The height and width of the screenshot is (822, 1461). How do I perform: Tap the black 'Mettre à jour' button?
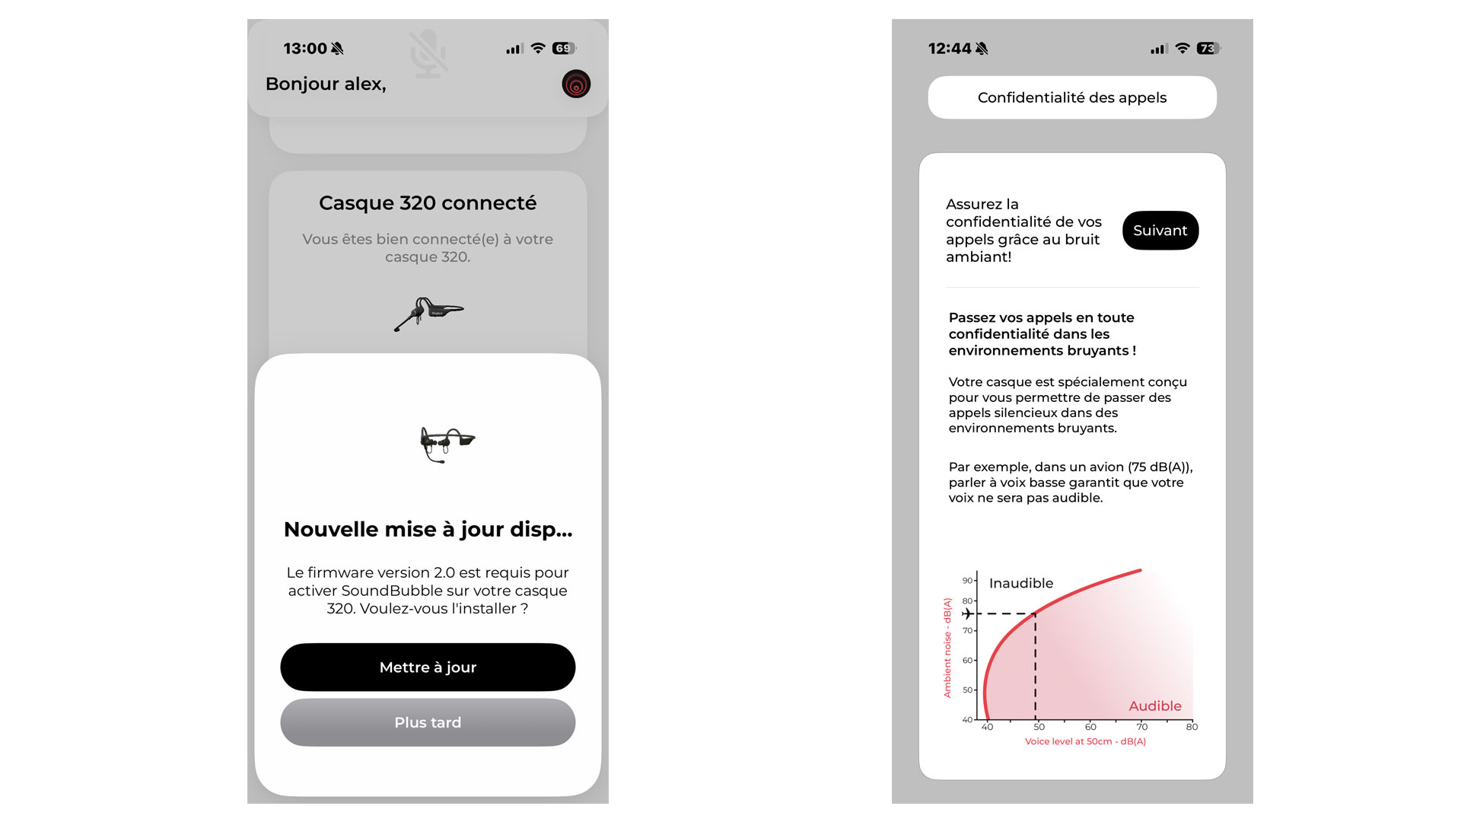[x=428, y=667]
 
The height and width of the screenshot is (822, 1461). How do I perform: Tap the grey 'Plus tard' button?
[x=428, y=722]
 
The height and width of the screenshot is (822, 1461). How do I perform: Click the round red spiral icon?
[x=576, y=84]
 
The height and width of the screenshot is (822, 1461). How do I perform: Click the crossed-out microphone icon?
[x=428, y=53]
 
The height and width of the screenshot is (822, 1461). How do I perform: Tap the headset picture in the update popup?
[x=447, y=444]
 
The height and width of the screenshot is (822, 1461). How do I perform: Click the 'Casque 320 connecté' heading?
[x=428, y=203]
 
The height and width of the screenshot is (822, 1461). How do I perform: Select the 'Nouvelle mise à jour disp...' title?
[x=428, y=529]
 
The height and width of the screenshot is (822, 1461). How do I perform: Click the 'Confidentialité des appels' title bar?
[x=1072, y=97]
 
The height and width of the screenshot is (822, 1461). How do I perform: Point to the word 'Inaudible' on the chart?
[x=1021, y=583]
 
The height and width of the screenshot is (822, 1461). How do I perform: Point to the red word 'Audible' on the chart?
[x=1155, y=706]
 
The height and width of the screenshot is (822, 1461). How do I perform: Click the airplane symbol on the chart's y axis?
[x=966, y=613]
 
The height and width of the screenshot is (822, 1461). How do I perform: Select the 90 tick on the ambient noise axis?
[x=967, y=580]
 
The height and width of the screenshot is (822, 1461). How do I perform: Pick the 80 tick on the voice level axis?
[x=1192, y=727]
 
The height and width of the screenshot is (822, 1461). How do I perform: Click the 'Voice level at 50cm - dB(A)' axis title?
[x=1085, y=741]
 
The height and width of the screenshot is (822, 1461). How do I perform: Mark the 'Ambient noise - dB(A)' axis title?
[x=947, y=648]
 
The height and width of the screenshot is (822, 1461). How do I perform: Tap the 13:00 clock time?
[x=305, y=49]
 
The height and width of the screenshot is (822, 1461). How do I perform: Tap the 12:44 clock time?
[x=950, y=49]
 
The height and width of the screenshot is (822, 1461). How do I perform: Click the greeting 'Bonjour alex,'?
[x=326, y=84]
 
